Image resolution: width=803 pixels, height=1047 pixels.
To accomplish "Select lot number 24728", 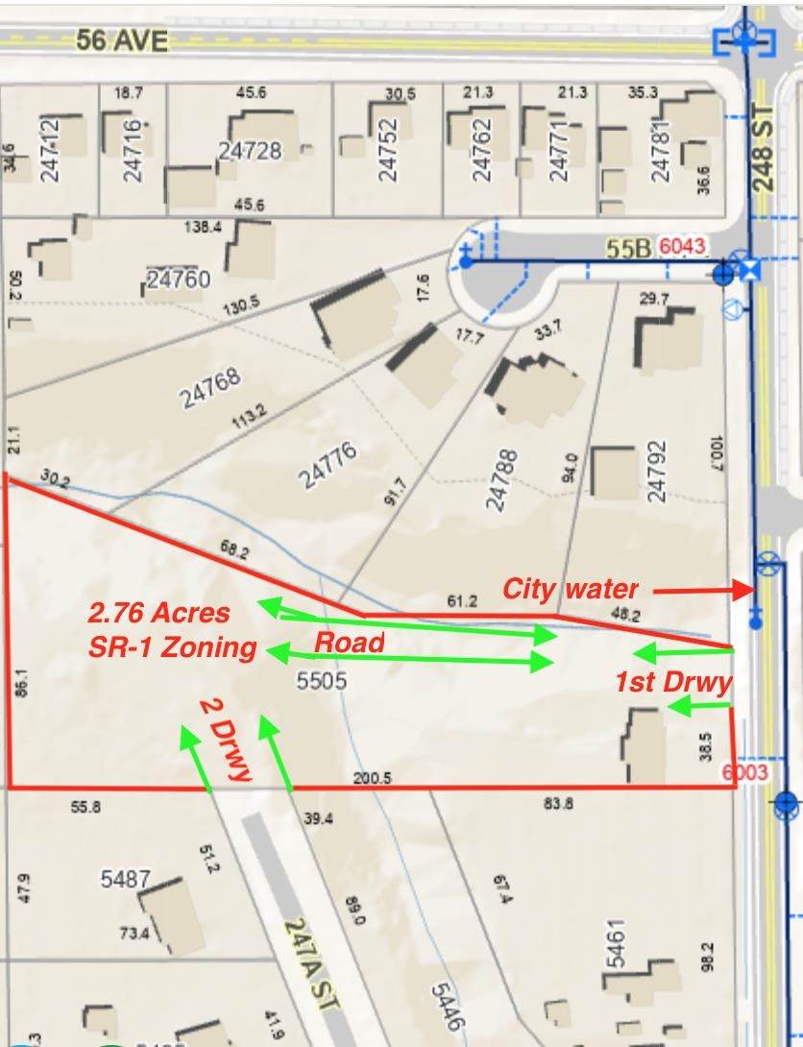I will coord(250,151).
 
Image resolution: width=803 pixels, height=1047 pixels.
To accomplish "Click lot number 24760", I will coord(178,280).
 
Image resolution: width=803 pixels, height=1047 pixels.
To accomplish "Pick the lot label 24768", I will coord(211,388).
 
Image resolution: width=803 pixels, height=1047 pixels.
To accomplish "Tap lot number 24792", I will coord(657,471).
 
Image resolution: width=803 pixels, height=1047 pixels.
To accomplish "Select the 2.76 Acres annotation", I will coord(159,612).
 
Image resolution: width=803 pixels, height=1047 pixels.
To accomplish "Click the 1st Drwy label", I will coord(673,682).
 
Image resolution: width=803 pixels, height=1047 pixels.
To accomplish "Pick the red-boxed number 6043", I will coord(682,247).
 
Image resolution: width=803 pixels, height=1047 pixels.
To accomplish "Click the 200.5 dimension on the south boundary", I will coord(372,779).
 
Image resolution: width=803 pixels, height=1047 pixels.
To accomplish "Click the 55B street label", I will coord(628,249).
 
